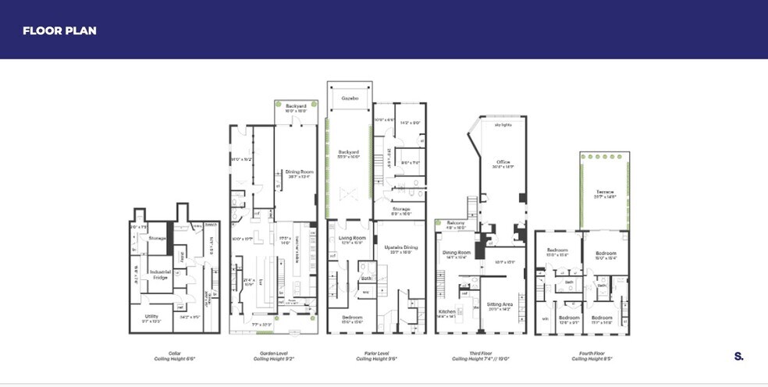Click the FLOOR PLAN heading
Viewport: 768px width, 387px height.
59,30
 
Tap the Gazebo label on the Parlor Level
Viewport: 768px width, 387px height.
350,99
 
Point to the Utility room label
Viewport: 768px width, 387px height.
151,316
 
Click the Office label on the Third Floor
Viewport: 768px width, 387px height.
502,162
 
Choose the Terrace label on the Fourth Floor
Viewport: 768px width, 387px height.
605,192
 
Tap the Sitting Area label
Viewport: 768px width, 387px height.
500,305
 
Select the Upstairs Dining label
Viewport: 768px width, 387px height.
401,247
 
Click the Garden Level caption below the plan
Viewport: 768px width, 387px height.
273,353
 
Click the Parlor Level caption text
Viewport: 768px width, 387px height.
374,353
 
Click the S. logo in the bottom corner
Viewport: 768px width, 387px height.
738,356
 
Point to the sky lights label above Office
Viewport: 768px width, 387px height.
501,124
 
